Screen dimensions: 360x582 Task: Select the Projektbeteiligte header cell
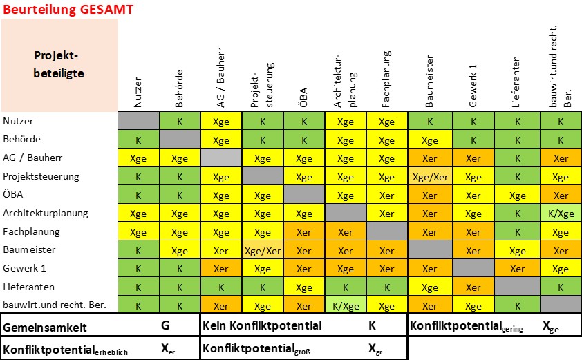click(59, 64)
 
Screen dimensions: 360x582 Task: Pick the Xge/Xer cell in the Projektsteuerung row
click(429, 176)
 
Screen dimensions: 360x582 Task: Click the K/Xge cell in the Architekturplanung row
click(561, 213)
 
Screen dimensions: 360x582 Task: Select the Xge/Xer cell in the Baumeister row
click(263, 249)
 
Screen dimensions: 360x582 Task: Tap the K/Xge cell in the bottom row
click(345, 305)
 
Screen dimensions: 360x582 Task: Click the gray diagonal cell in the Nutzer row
click(138, 121)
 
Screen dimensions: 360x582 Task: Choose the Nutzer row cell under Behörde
click(180, 121)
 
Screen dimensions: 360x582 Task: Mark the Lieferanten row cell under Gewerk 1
click(473, 287)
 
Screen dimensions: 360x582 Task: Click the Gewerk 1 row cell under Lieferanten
click(516, 268)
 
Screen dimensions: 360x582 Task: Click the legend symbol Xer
click(168, 350)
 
